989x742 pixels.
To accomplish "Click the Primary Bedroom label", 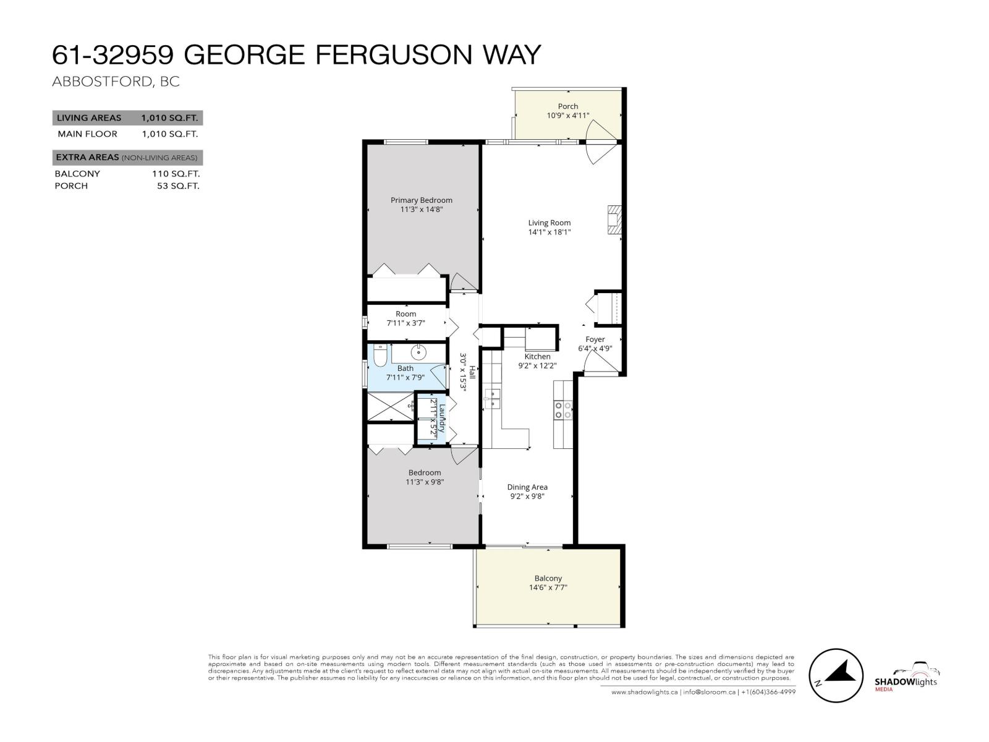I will (x=421, y=200).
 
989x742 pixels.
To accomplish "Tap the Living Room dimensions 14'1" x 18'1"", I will (x=549, y=232).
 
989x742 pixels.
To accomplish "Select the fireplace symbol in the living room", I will (x=613, y=220).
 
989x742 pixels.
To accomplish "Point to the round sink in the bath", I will (x=419, y=353).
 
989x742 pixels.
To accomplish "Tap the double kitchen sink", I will (x=492, y=398).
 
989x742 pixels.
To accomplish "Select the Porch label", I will (x=567, y=106).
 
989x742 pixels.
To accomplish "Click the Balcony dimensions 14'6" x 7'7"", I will (x=548, y=587).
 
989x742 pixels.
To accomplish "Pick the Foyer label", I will (x=595, y=339).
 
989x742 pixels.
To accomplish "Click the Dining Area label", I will (x=527, y=487).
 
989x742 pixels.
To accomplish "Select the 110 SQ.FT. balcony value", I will (x=176, y=174).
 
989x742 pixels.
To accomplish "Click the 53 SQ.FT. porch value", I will (x=178, y=185).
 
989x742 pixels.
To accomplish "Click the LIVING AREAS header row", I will (x=127, y=117).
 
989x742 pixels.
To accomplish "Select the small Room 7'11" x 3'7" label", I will (x=405, y=318).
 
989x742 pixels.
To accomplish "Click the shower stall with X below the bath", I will (x=390, y=406).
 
